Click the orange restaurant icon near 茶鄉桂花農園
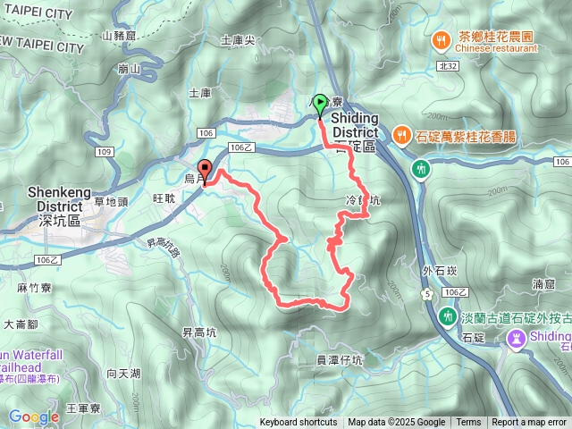pyautogui.click(x=442, y=41)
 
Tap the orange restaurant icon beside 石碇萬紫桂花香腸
pyautogui.click(x=400, y=136)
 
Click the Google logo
pyautogui.click(x=33, y=416)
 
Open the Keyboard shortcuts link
pyautogui.click(x=299, y=423)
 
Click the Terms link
pyautogui.click(x=468, y=423)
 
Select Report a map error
pyautogui.click(x=530, y=423)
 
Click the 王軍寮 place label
pyautogui.click(x=84, y=408)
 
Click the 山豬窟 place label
pyautogui.click(x=118, y=36)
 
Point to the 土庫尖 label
pyautogui.click(x=238, y=40)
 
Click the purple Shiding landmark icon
pyautogui.click(x=517, y=338)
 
